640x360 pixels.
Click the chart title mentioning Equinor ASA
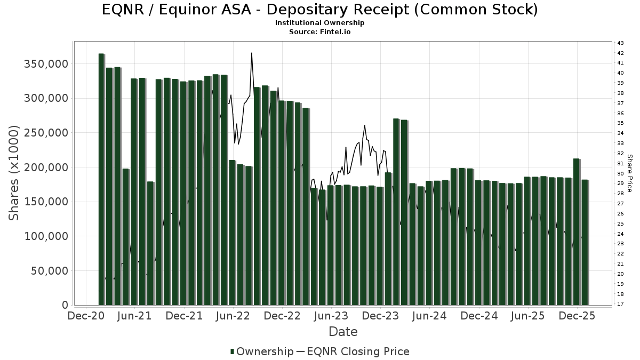[319, 10]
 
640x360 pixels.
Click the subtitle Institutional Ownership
[319, 23]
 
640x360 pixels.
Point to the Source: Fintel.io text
[319, 32]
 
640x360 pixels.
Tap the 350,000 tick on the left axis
[46, 64]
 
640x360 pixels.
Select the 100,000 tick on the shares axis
[46, 236]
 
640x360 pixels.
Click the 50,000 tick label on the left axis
[49, 271]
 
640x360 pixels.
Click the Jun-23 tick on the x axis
[331, 316]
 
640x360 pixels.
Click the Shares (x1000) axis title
[14, 173]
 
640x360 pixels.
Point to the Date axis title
[343, 332]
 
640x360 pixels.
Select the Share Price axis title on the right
[629, 173]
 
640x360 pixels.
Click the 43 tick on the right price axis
[620, 43]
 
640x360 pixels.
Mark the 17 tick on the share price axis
[620, 304]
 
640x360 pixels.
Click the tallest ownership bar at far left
[101, 179]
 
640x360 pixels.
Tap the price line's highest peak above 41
[251, 53]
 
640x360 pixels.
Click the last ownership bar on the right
[585, 242]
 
